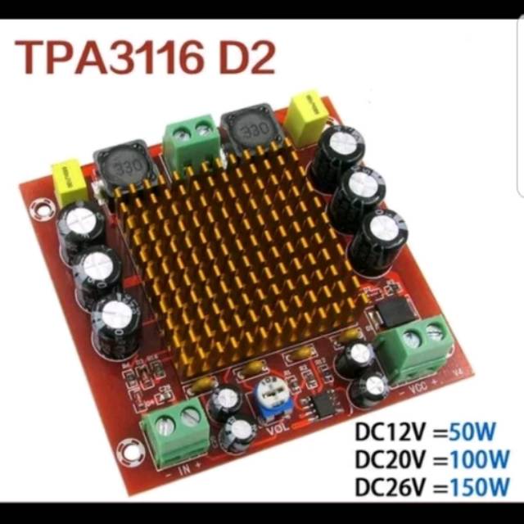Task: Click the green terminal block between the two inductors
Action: coord(192,139)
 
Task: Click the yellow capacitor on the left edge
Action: coord(69,181)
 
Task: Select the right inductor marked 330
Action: coord(251,130)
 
